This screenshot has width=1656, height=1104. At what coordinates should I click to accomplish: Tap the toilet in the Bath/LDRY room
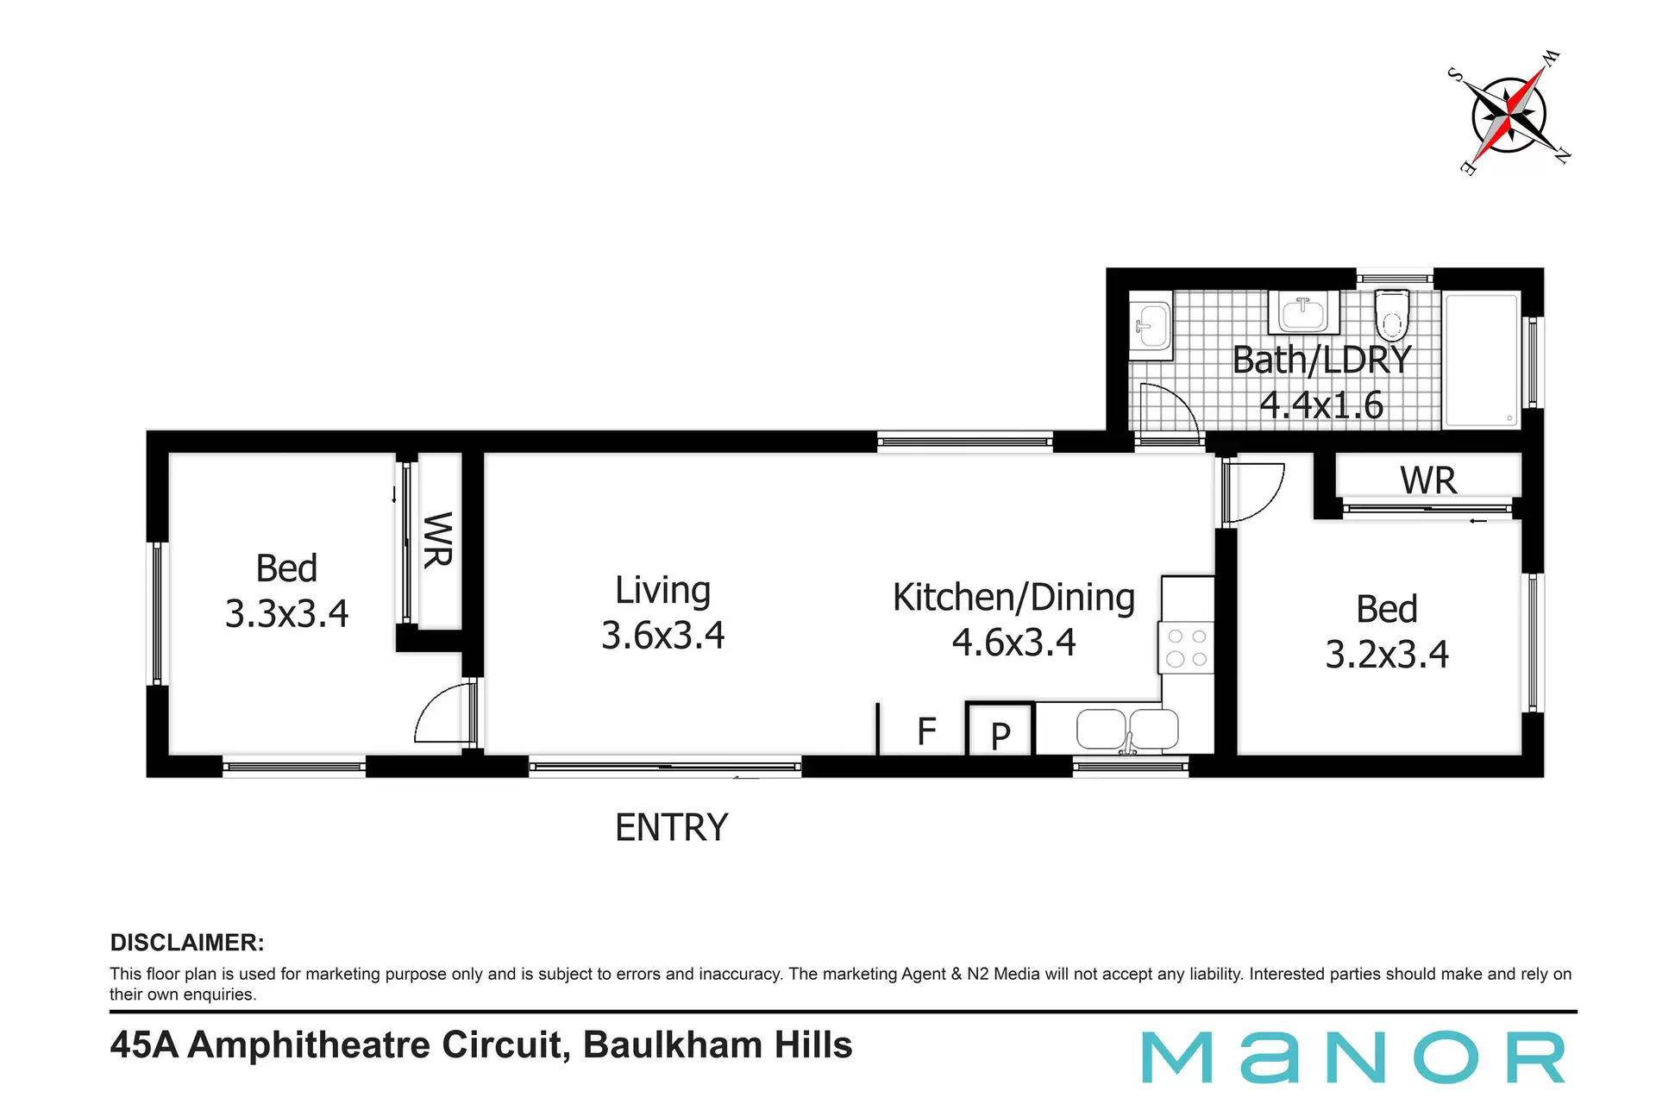click(x=1391, y=315)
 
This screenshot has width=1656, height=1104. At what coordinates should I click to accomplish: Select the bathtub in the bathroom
click(x=1481, y=360)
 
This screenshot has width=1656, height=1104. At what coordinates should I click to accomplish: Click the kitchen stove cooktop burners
click(x=1187, y=649)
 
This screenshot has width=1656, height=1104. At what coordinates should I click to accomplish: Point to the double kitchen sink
click(x=1127, y=730)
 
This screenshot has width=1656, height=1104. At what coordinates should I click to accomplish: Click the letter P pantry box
click(x=1000, y=730)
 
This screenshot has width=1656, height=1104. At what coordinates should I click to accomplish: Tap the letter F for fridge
click(x=926, y=731)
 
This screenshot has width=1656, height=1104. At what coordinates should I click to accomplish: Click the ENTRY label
click(x=672, y=828)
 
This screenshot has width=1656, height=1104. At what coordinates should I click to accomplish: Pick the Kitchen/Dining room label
click(x=1013, y=597)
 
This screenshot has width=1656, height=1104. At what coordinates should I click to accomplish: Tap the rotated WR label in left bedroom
click(x=438, y=540)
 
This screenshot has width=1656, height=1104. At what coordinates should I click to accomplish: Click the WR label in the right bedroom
click(x=1428, y=480)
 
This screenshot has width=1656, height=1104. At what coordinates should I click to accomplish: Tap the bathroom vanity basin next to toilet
click(x=1303, y=311)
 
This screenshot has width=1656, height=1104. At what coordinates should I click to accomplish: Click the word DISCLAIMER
click(x=187, y=943)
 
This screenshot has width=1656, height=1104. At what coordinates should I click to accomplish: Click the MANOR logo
click(x=1354, y=1057)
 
